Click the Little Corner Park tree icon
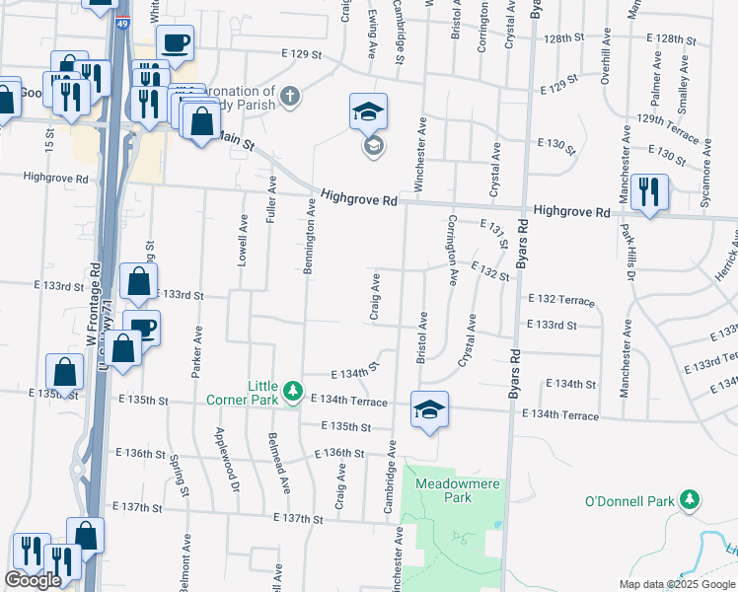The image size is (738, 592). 292,393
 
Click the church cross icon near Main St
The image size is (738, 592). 289,97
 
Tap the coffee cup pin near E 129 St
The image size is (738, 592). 175,42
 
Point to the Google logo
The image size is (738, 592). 33,580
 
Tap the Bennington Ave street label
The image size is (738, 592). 310,234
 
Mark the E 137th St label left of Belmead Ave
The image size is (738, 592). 137,507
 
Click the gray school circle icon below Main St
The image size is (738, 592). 373,147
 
